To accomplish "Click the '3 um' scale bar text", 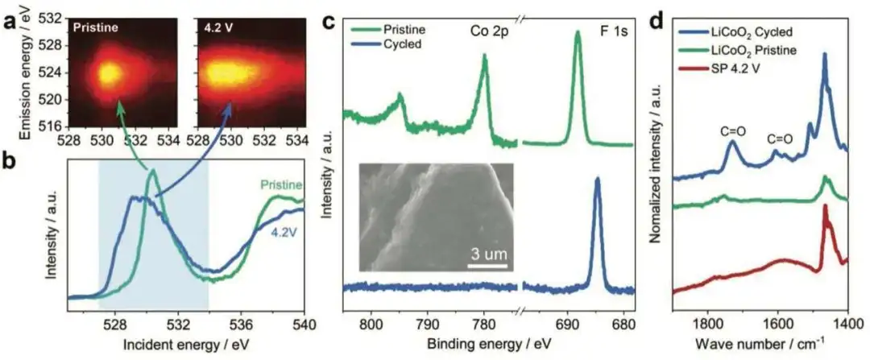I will pyautogui.click(x=488, y=255).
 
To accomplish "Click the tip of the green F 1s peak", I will pyautogui.click(x=578, y=32).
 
